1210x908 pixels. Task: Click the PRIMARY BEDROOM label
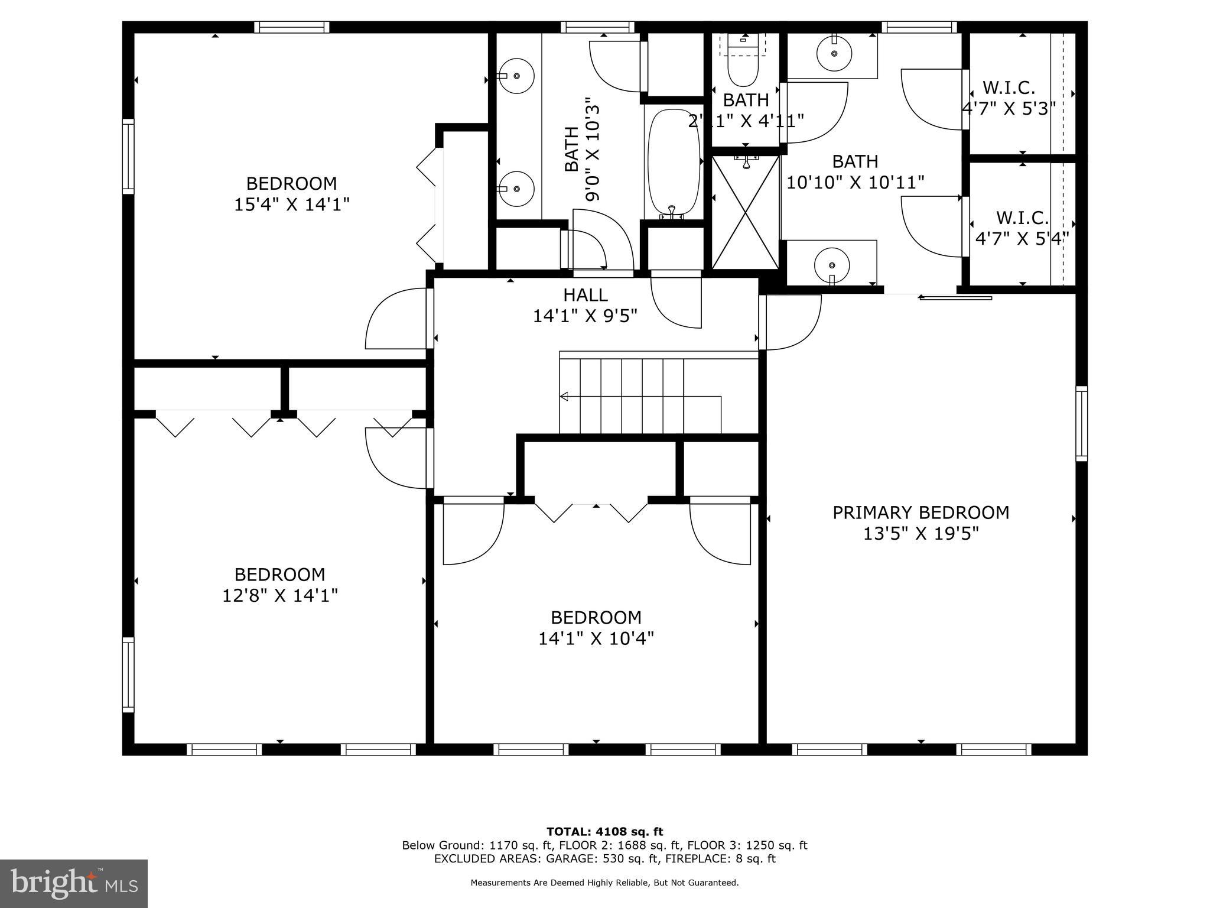[920, 513]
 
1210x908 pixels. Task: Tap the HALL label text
[585, 295]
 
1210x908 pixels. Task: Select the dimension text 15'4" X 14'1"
[292, 205]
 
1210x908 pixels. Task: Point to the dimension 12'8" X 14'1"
[280, 595]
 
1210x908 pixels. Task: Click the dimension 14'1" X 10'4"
[596, 638]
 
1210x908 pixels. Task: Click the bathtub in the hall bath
[674, 163]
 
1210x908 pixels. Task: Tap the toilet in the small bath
[743, 70]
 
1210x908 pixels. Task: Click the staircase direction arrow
[564, 396]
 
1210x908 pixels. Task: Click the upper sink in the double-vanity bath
[515, 76]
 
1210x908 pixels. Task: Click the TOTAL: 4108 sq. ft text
[604, 832]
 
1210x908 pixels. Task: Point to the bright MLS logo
[74, 884]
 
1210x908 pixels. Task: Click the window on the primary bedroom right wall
[1081, 423]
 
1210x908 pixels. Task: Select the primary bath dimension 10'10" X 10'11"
[855, 182]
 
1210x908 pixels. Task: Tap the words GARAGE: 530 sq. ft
[552, 858]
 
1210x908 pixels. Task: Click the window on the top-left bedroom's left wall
[128, 156]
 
